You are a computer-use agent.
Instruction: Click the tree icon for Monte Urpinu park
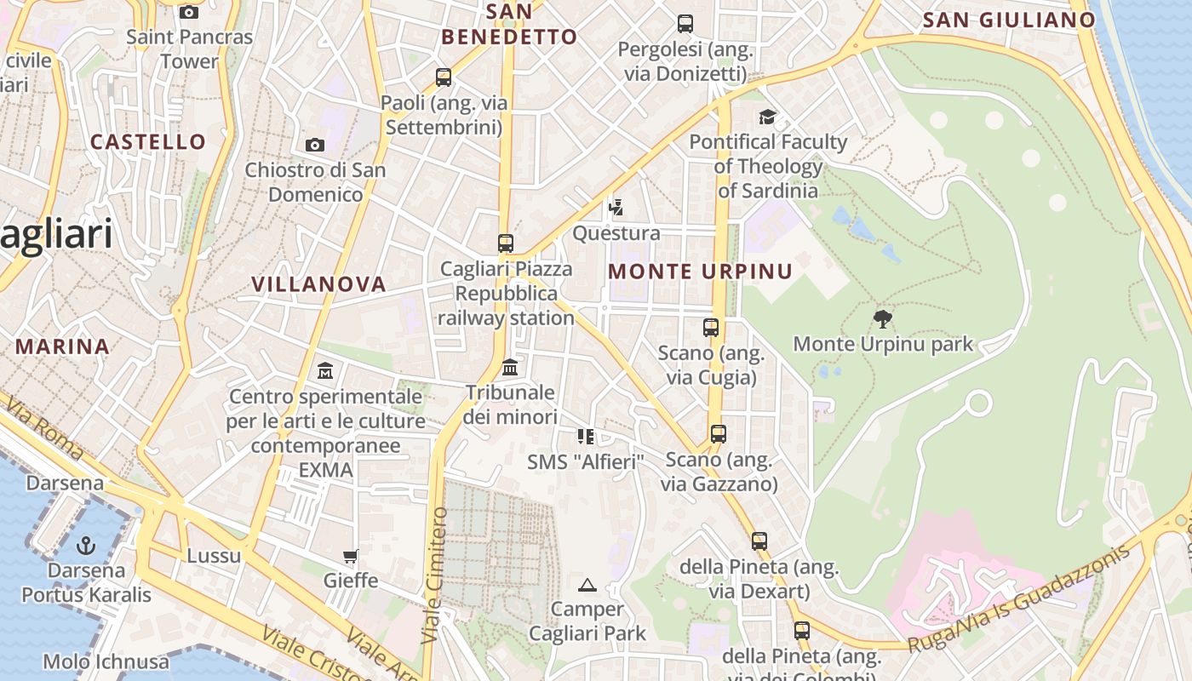click(883, 319)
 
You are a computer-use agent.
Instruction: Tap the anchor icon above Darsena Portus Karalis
click(86, 545)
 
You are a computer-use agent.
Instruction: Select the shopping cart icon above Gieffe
click(350, 557)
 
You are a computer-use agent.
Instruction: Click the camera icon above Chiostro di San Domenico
click(315, 145)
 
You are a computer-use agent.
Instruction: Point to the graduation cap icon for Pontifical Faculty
click(768, 117)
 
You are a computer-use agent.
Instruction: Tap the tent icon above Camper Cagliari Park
click(587, 585)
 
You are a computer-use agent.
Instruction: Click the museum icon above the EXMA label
click(325, 370)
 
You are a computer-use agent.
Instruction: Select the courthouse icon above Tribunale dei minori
click(510, 367)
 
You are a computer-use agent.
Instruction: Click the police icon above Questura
click(616, 207)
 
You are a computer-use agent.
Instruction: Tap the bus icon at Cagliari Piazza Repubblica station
click(506, 243)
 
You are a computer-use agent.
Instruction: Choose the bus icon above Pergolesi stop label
click(685, 23)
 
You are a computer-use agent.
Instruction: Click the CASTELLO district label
click(148, 142)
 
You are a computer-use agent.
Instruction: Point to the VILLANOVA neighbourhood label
click(318, 284)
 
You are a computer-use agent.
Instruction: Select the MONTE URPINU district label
click(701, 272)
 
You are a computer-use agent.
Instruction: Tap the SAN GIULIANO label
click(1009, 20)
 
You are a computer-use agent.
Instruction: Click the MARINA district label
click(62, 346)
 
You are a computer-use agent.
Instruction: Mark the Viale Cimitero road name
click(434, 575)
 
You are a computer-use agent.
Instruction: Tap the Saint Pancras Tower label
click(189, 49)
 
